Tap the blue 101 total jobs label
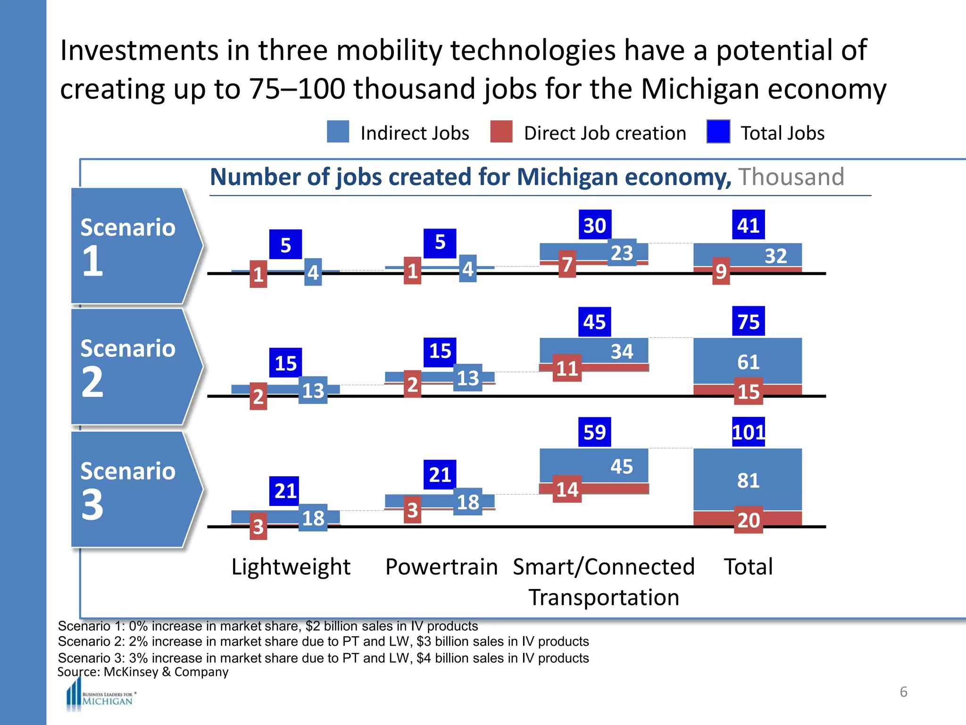coord(749,432)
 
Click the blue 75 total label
coord(749,321)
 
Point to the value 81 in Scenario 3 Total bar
coord(749,481)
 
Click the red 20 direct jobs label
coord(749,520)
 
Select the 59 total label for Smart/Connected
coord(594,432)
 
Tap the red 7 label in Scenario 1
coord(567,264)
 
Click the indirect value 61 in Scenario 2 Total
coord(749,362)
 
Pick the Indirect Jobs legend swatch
coord(338,132)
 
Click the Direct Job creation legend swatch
coord(501,132)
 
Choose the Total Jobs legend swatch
coord(718,132)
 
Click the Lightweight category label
coord(291,567)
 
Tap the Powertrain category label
coord(441,567)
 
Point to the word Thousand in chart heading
coord(791,177)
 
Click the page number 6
coord(903,692)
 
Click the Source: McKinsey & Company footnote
coord(143,672)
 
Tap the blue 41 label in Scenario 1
coord(749,225)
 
